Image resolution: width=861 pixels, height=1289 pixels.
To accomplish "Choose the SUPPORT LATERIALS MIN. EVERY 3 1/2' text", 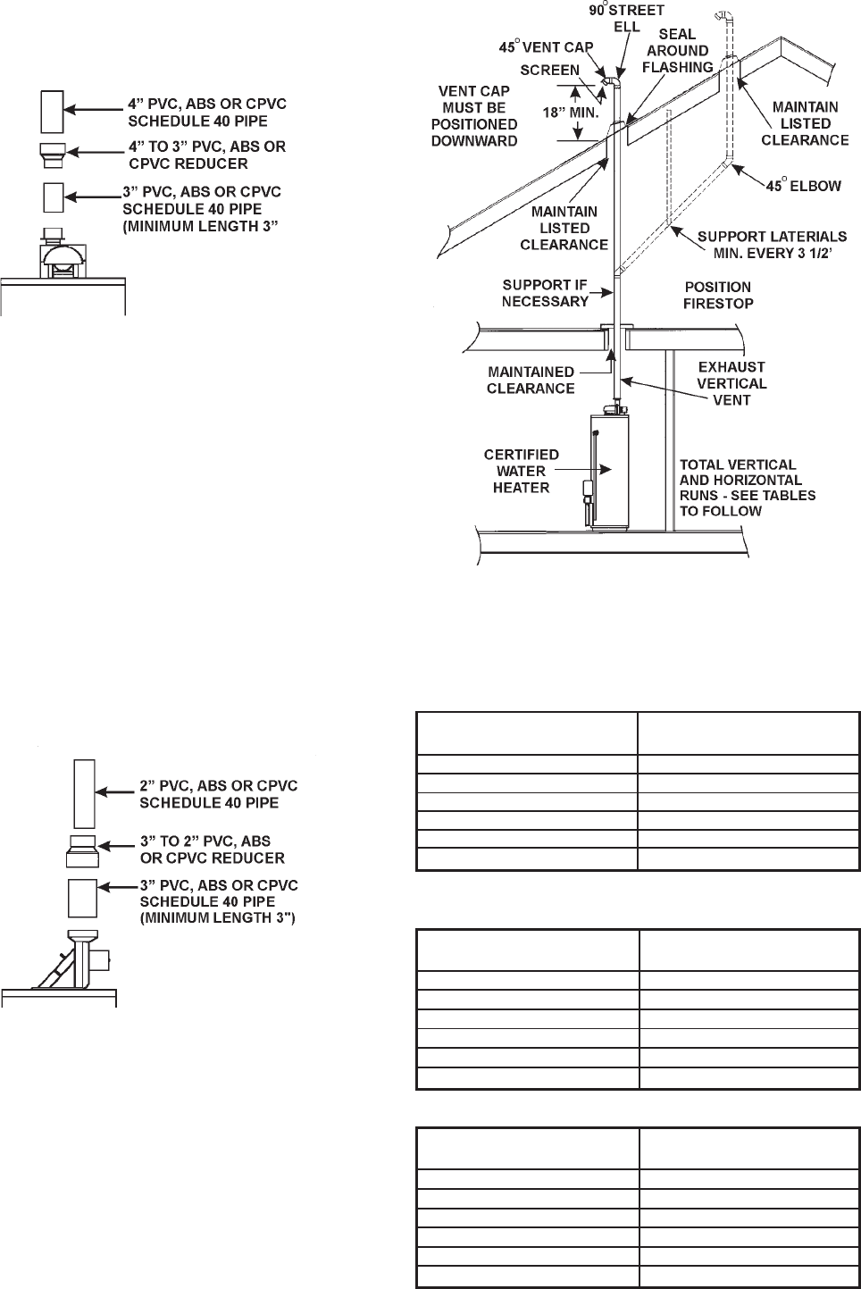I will tap(771, 244).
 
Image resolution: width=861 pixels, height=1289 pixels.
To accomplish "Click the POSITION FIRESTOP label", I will tap(718, 295).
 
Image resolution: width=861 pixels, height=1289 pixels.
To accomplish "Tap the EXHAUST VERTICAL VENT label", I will tap(732, 383).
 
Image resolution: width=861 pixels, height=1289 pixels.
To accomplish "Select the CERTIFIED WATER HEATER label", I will tap(521, 471).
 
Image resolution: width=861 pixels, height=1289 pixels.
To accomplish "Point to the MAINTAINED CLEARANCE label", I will tap(531, 379).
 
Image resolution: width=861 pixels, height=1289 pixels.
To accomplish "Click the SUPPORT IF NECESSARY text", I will tap(545, 293).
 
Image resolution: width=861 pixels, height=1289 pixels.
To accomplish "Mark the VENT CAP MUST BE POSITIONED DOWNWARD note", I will tap(478, 115).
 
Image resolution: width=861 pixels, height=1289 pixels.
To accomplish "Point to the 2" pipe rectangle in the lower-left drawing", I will tap(84, 793).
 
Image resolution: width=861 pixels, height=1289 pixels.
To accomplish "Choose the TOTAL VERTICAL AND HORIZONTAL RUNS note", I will tap(748, 488).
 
